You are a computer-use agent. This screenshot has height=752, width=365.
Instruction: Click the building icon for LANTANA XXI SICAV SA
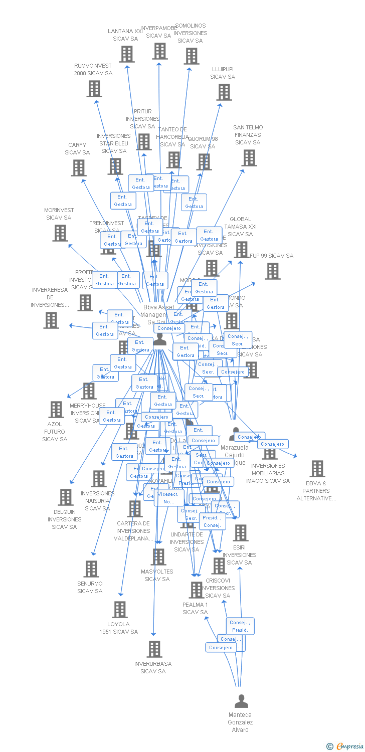127,54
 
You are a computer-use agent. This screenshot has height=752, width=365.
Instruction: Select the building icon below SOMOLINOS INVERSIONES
192,56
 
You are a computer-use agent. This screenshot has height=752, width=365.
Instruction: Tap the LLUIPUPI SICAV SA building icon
224,92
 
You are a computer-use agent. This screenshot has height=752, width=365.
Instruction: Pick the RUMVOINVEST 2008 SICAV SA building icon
94,89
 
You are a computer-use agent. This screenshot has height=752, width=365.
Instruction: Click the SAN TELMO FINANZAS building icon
249,158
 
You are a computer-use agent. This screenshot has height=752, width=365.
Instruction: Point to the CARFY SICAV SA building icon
79,168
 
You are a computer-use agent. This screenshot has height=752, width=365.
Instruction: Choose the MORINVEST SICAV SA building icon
60,233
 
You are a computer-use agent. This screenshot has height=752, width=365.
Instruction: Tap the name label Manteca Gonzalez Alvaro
240,722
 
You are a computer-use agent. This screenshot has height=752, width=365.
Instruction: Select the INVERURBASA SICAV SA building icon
154,649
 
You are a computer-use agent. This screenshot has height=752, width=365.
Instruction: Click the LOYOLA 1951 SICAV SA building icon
119,610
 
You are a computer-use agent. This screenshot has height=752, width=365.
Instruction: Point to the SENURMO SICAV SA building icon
91,569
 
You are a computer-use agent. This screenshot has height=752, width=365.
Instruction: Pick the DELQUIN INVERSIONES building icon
65,497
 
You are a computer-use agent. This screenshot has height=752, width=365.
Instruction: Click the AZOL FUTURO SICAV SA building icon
56,410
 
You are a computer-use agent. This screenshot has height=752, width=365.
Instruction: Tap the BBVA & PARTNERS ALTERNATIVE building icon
317,469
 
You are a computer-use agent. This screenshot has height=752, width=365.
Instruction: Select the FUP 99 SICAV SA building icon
273,271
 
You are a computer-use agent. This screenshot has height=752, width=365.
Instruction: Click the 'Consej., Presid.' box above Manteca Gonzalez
240,626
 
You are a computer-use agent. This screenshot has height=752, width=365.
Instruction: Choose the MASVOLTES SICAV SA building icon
158,557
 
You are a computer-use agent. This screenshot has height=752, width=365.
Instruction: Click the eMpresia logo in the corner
345,746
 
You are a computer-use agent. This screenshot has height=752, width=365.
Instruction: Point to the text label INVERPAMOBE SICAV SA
158,32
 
